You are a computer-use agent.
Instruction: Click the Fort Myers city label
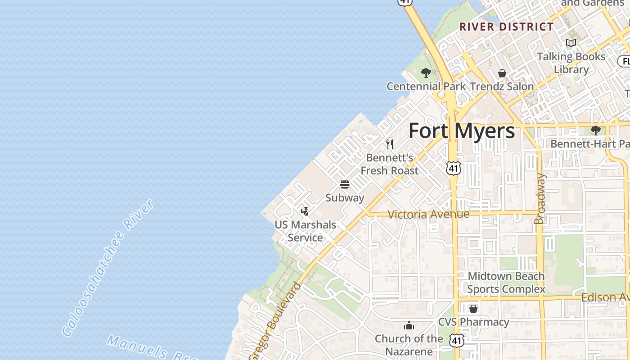(461, 131)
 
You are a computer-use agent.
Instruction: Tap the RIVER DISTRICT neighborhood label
(506, 27)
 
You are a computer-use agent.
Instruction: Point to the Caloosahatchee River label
(108, 268)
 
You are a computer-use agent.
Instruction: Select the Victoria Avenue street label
(428, 214)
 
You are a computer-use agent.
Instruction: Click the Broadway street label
(540, 199)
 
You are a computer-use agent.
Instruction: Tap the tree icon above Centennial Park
(426, 72)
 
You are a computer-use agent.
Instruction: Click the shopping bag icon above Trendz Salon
(502, 73)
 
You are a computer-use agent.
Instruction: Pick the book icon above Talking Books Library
(571, 43)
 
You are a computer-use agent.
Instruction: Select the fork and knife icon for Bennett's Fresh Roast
(390, 144)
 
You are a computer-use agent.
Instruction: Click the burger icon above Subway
(345, 184)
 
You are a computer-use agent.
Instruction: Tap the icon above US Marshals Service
(305, 211)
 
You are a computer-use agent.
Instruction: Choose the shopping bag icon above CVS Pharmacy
(473, 309)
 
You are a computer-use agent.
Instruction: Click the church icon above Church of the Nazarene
(409, 325)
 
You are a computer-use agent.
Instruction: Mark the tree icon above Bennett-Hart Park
(596, 130)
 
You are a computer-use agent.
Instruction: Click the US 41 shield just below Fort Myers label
(454, 168)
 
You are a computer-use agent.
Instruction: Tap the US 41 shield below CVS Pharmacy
(457, 340)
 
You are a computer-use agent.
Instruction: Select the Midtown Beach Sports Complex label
(506, 283)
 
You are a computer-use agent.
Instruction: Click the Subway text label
(345, 198)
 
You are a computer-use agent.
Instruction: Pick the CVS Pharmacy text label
(473, 322)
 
